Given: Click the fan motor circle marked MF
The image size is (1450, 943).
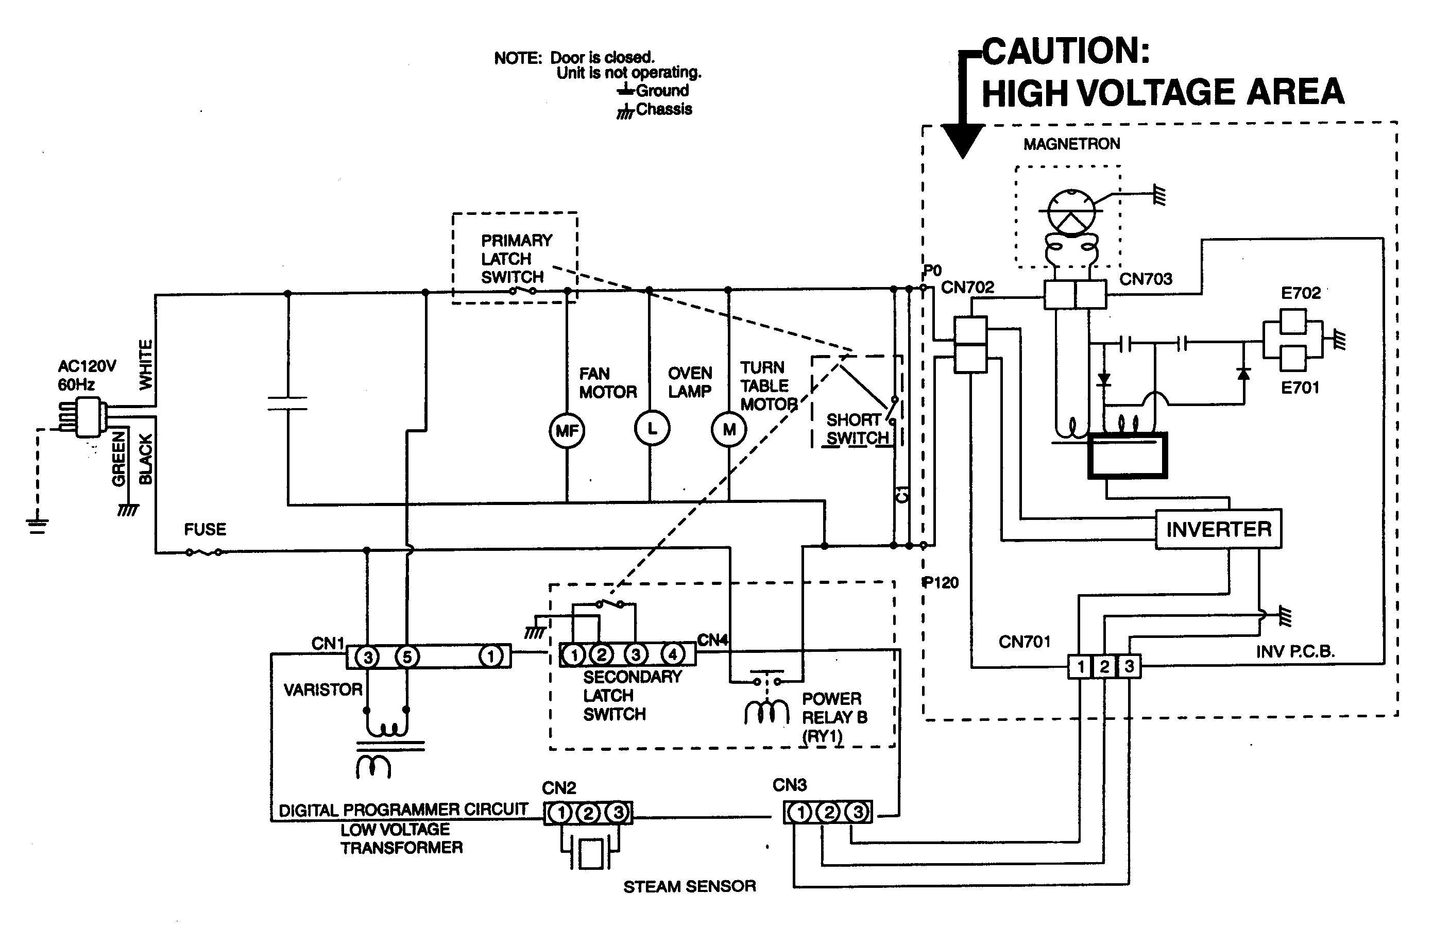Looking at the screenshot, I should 567,431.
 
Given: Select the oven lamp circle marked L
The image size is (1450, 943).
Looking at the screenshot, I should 652,429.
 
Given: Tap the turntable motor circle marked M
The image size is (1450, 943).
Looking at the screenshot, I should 729,430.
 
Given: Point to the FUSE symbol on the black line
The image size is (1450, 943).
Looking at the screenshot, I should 204,552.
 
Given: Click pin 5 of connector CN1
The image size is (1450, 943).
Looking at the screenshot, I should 406,657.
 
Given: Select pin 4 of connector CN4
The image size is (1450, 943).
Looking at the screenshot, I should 672,654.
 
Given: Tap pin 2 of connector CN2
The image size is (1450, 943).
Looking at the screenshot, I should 588,813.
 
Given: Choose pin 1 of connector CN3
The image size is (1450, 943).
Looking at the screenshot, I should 800,812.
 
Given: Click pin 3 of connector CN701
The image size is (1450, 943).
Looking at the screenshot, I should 1129,666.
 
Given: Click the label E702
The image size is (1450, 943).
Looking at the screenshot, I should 1300,293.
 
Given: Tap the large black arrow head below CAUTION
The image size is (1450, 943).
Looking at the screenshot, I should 963,141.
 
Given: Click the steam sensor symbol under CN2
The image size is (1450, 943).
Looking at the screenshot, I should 590,853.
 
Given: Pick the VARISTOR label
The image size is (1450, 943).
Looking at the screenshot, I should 322,690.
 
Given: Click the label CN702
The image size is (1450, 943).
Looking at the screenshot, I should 967,287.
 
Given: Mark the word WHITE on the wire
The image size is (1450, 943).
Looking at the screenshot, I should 146,364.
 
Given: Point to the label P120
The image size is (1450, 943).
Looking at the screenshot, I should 941,583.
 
